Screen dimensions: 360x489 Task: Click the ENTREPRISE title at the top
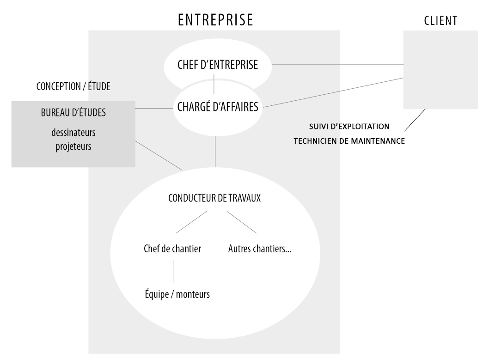click(215, 20)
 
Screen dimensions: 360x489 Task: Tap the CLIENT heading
click(440, 20)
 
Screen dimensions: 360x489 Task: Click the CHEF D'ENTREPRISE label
click(217, 66)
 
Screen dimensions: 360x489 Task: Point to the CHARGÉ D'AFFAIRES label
click(218, 107)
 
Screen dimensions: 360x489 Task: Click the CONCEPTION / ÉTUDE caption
click(73, 86)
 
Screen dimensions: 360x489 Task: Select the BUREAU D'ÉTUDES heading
click(73, 113)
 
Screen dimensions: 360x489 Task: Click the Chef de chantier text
click(172, 249)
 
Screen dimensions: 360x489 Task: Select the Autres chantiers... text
click(262, 249)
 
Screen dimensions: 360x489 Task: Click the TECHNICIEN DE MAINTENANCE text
click(349, 141)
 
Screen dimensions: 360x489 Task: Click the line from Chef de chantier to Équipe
click(174, 271)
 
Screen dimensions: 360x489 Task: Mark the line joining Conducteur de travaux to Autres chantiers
click(241, 222)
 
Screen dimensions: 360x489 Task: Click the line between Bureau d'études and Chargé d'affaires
click(153, 109)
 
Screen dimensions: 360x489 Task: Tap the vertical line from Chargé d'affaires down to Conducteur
click(215, 152)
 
